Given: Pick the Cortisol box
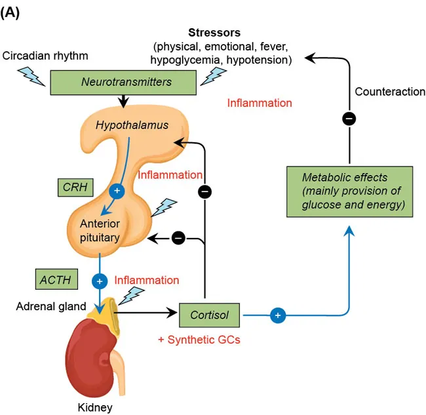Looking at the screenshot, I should click(x=210, y=315).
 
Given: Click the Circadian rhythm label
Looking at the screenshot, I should click(x=45, y=56).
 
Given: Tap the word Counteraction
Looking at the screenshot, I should click(x=390, y=92).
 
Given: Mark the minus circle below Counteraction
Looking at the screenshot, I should click(x=350, y=119).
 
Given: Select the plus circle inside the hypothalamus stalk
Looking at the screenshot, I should click(x=117, y=190).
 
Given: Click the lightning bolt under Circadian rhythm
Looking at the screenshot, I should click(x=34, y=77).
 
